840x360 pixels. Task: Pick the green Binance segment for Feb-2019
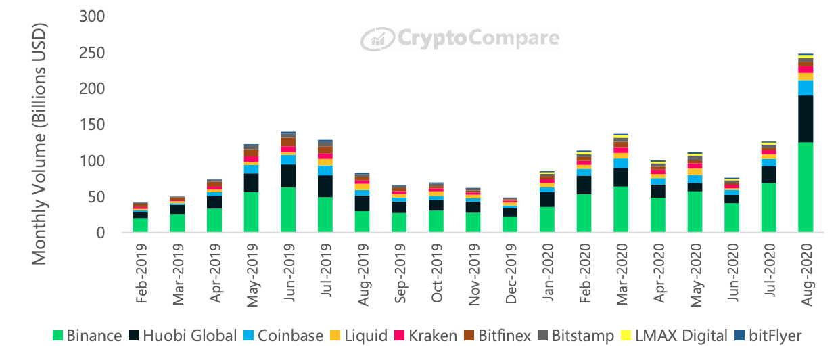click(141, 225)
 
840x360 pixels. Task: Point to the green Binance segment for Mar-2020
click(622, 209)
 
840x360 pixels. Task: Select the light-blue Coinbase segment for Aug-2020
click(806, 88)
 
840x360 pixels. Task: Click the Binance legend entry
click(87, 336)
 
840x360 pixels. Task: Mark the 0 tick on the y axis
click(99, 233)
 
